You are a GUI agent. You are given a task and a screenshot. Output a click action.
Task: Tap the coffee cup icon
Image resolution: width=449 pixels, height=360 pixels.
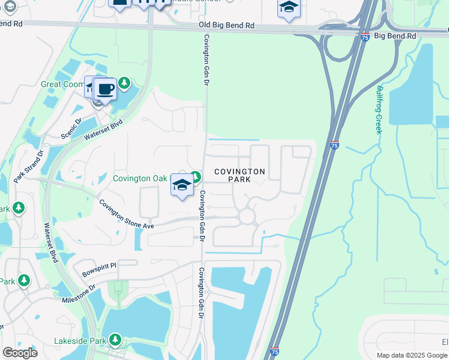[x=105, y=89]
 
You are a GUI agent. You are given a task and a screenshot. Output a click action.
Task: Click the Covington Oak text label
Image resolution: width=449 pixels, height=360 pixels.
[x=140, y=178]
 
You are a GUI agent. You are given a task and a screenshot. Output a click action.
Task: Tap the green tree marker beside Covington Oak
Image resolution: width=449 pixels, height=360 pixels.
[x=196, y=176]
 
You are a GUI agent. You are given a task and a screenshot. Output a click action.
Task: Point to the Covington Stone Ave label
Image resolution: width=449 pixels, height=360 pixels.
[x=127, y=214]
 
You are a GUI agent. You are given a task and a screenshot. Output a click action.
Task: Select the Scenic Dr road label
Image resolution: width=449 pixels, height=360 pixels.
[x=71, y=128]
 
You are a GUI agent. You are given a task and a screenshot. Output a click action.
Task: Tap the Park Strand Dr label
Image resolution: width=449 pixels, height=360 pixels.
[x=29, y=166]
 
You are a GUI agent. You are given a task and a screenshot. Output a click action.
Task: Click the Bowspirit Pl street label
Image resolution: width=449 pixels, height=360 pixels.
[x=99, y=265]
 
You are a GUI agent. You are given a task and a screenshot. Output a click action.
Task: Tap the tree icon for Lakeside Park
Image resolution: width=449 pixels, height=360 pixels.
[x=115, y=340]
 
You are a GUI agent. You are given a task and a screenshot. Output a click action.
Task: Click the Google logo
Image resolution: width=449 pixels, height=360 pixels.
[x=20, y=353]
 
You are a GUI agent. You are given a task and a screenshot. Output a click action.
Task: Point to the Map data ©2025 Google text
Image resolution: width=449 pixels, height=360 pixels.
[x=412, y=355]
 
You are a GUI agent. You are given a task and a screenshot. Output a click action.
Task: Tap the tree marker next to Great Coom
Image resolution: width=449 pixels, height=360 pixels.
[x=124, y=83]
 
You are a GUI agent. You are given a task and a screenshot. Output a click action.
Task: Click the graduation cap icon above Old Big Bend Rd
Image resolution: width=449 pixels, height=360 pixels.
[x=289, y=8]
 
